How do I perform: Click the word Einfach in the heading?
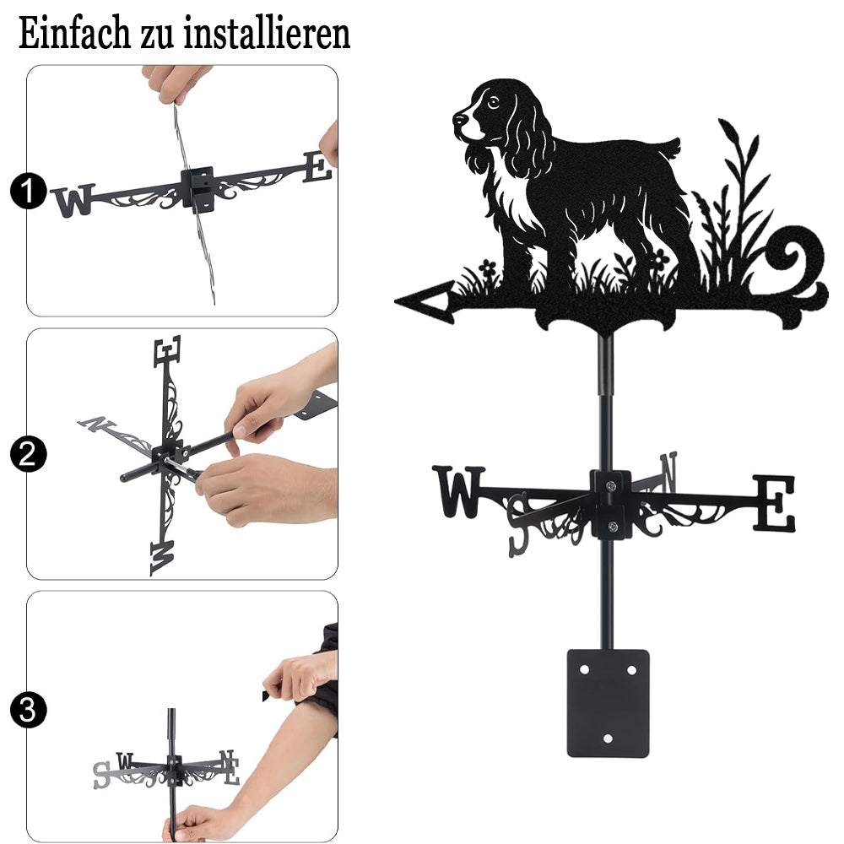pyautogui.click(x=73, y=34)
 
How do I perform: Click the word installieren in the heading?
pyautogui.click(x=267, y=34)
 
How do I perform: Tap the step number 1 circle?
pyautogui.click(x=28, y=191)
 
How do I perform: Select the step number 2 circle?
pyautogui.click(x=28, y=454)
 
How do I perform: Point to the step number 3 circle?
pyautogui.click(x=28, y=711)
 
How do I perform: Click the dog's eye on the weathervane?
pyautogui.click(x=492, y=101)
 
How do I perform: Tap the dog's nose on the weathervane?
pyautogui.click(x=458, y=117)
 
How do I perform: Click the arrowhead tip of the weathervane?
pyautogui.click(x=396, y=301)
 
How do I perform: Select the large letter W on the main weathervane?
pyautogui.click(x=459, y=492)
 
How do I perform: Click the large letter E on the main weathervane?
pyautogui.click(x=773, y=503)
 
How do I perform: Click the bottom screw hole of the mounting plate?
pyautogui.click(x=608, y=738)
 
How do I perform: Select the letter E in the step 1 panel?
pyautogui.click(x=317, y=167)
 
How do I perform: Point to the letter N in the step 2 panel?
pyautogui.click(x=96, y=425)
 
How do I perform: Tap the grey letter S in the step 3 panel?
pyautogui.click(x=101, y=775)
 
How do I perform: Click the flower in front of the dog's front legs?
pyautogui.click(x=487, y=268)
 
